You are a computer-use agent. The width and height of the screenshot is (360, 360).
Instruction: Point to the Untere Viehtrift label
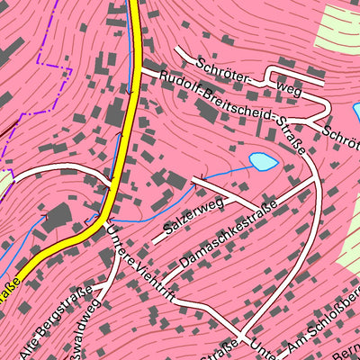[x=137, y=261]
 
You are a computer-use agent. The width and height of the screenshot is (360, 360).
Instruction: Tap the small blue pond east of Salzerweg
[x=262, y=162]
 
